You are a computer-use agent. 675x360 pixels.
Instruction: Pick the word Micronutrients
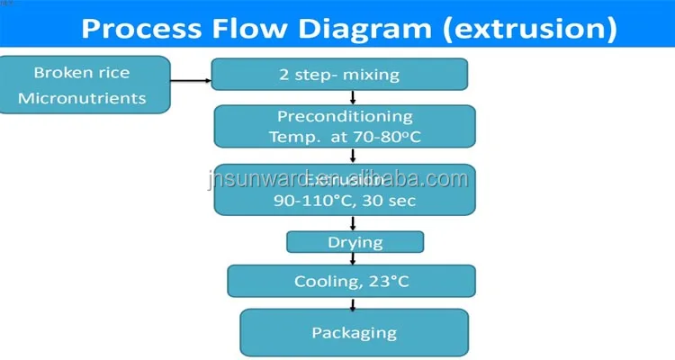(82, 97)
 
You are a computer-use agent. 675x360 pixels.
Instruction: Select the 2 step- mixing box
(340, 74)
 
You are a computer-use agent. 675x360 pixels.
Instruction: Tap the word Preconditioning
(345, 117)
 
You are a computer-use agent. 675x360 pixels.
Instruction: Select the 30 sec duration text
(388, 200)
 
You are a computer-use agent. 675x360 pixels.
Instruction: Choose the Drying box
(355, 242)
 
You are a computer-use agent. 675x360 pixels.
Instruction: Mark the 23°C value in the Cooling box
(390, 282)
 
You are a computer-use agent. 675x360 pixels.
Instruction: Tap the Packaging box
(354, 332)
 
